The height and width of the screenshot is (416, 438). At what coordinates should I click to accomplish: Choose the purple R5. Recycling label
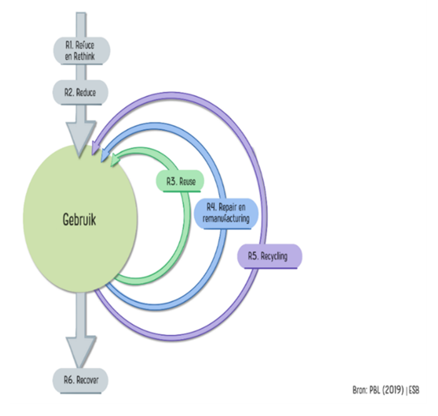click(270, 256)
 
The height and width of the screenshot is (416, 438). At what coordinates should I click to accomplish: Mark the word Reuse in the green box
click(187, 181)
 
